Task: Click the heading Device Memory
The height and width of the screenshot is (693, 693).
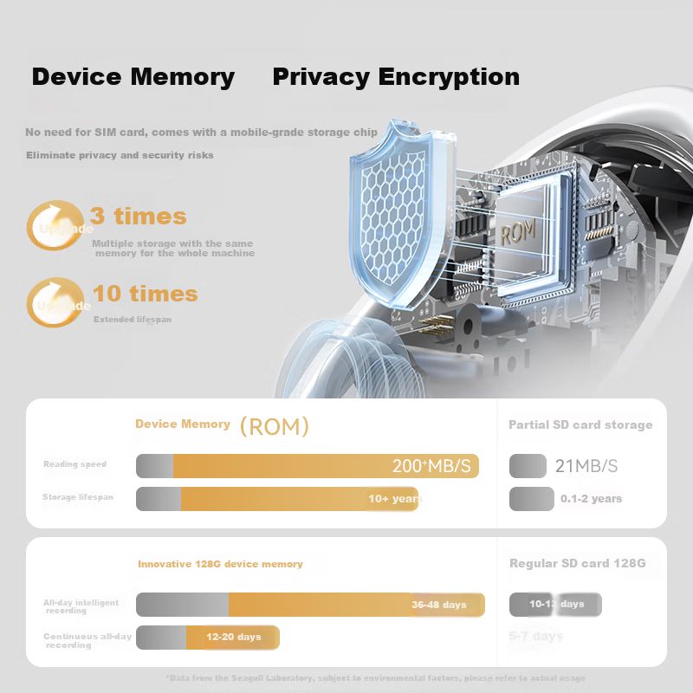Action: tap(133, 77)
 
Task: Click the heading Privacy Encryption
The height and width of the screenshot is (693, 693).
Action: tap(396, 77)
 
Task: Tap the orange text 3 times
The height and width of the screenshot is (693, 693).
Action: tap(139, 216)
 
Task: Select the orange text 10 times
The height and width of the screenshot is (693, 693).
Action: tap(145, 294)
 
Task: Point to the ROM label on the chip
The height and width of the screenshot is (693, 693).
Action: tap(518, 233)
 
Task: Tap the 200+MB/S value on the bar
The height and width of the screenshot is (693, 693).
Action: tap(431, 466)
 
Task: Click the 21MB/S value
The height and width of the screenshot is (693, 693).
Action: tap(586, 466)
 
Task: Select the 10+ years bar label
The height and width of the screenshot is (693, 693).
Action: tap(395, 499)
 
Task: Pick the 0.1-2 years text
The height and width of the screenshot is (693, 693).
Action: tap(591, 499)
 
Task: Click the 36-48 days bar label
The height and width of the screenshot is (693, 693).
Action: tap(438, 605)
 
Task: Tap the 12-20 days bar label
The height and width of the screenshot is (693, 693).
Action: tap(233, 637)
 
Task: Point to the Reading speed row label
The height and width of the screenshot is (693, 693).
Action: tap(75, 464)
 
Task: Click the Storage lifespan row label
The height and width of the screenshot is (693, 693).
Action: tap(78, 497)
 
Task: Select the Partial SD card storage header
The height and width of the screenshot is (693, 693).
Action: tap(580, 424)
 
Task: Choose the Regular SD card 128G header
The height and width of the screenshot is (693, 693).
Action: tap(578, 563)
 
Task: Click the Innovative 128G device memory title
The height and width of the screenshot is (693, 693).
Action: tap(220, 564)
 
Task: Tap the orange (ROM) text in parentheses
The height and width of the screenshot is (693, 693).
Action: tap(274, 426)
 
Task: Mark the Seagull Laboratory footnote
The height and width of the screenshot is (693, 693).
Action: tap(375, 678)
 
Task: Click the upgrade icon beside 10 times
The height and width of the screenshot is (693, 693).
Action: tap(55, 301)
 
